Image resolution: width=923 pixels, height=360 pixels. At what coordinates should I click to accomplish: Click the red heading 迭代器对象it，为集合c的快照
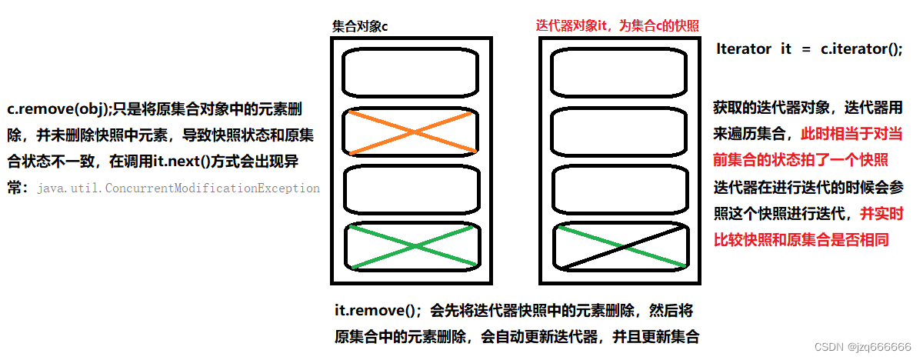pyautogui.click(x=618, y=25)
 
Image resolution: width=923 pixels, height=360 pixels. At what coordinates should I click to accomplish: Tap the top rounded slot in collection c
pyautogui.click(x=410, y=74)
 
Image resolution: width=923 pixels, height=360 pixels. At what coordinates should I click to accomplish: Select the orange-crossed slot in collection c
pyautogui.click(x=410, y=132)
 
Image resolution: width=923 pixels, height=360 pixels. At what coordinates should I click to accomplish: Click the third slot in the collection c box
pyautogui.click(x=410, y=189)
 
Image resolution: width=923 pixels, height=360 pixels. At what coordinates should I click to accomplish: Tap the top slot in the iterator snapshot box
pyautogui.click(x=618, y=74)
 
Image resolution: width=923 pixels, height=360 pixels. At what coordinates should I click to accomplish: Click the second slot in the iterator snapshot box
pyautogui.click(x=618, y=132)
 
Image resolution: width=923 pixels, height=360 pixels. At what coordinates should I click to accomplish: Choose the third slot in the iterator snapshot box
pyautogui.click(x=618, y=189)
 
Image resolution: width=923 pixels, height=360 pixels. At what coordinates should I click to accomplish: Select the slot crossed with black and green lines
pyautogui.click(x=618, y=247)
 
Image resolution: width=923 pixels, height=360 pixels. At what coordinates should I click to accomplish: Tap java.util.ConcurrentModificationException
pyautogui.click(x=178, y=188)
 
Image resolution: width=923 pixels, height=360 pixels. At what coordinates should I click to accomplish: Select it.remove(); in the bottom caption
pyautogui.click(x=378, y=311)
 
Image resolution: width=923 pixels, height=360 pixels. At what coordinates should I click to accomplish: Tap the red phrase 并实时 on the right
pyautogui.click(x=881, y=213)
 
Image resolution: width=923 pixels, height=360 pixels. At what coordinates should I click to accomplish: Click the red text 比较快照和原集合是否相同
pyautogui.click(x=801, y=240)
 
